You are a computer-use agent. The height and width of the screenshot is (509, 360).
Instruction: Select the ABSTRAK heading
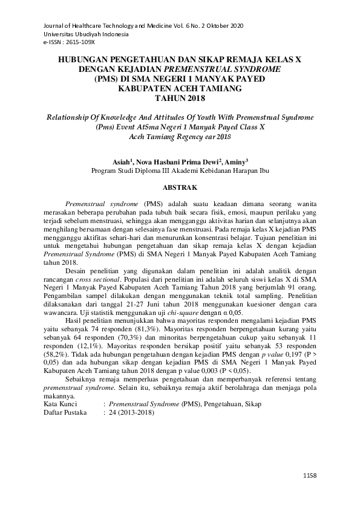pyautogui.click(x=180, y=188)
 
